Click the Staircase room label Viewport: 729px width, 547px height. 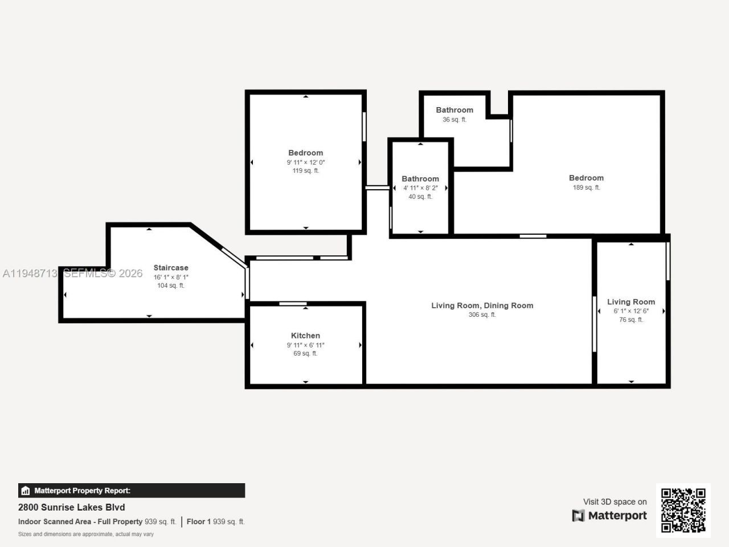point(171,268)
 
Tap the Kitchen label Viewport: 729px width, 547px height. point(305,336)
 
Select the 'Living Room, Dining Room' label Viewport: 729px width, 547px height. point(482,305)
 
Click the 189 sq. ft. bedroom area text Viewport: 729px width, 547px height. point(586,187)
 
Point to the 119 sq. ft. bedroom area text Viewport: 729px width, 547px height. point(305,170)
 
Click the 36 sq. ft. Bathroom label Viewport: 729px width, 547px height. point(454,110)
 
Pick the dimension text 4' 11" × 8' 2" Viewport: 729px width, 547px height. point(420,188)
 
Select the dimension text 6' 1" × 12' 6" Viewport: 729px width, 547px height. point(631,311)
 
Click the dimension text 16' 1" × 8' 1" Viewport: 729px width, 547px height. point(171,277)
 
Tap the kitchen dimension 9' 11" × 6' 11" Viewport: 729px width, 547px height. point(305,345)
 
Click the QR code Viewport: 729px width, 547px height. point(683,510)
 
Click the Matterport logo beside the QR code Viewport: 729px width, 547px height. point(609,516)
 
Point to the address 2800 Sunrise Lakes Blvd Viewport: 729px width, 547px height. point(72,507)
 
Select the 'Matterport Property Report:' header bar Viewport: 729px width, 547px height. point(132,491)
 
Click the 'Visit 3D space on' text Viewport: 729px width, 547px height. point(615,502)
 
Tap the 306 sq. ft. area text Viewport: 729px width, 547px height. point(482,315)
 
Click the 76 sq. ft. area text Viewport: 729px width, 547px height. point(631,320)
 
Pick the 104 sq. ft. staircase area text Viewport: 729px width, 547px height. point(171,285)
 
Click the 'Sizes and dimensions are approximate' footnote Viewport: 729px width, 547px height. point(86,534)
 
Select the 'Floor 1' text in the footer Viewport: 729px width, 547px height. point(199,521)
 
